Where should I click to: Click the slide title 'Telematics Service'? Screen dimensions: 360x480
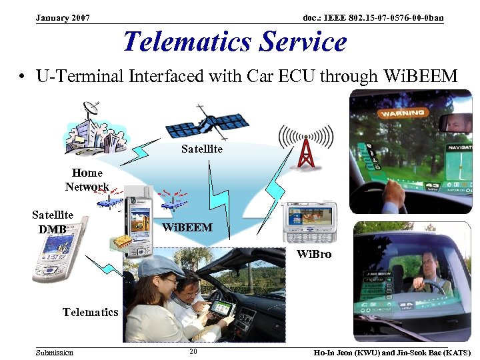click(235, 41)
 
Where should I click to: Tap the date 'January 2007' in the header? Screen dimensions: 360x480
click(63, 17)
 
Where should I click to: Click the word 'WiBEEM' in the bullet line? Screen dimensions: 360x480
click(421, 76)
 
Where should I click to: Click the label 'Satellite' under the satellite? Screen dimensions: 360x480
click(201, 149)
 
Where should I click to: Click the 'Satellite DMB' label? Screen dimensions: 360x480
click(53, 222)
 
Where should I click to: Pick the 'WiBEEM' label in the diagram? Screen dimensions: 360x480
click(187, 227)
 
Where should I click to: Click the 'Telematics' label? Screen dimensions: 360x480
click(90, 311)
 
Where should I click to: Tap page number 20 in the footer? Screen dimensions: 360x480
click(193, 351)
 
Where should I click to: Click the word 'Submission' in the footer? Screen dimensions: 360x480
click(55, 352)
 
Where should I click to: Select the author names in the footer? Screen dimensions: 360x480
click(391, 352)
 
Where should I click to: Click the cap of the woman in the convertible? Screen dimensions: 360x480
click(159, 266)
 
